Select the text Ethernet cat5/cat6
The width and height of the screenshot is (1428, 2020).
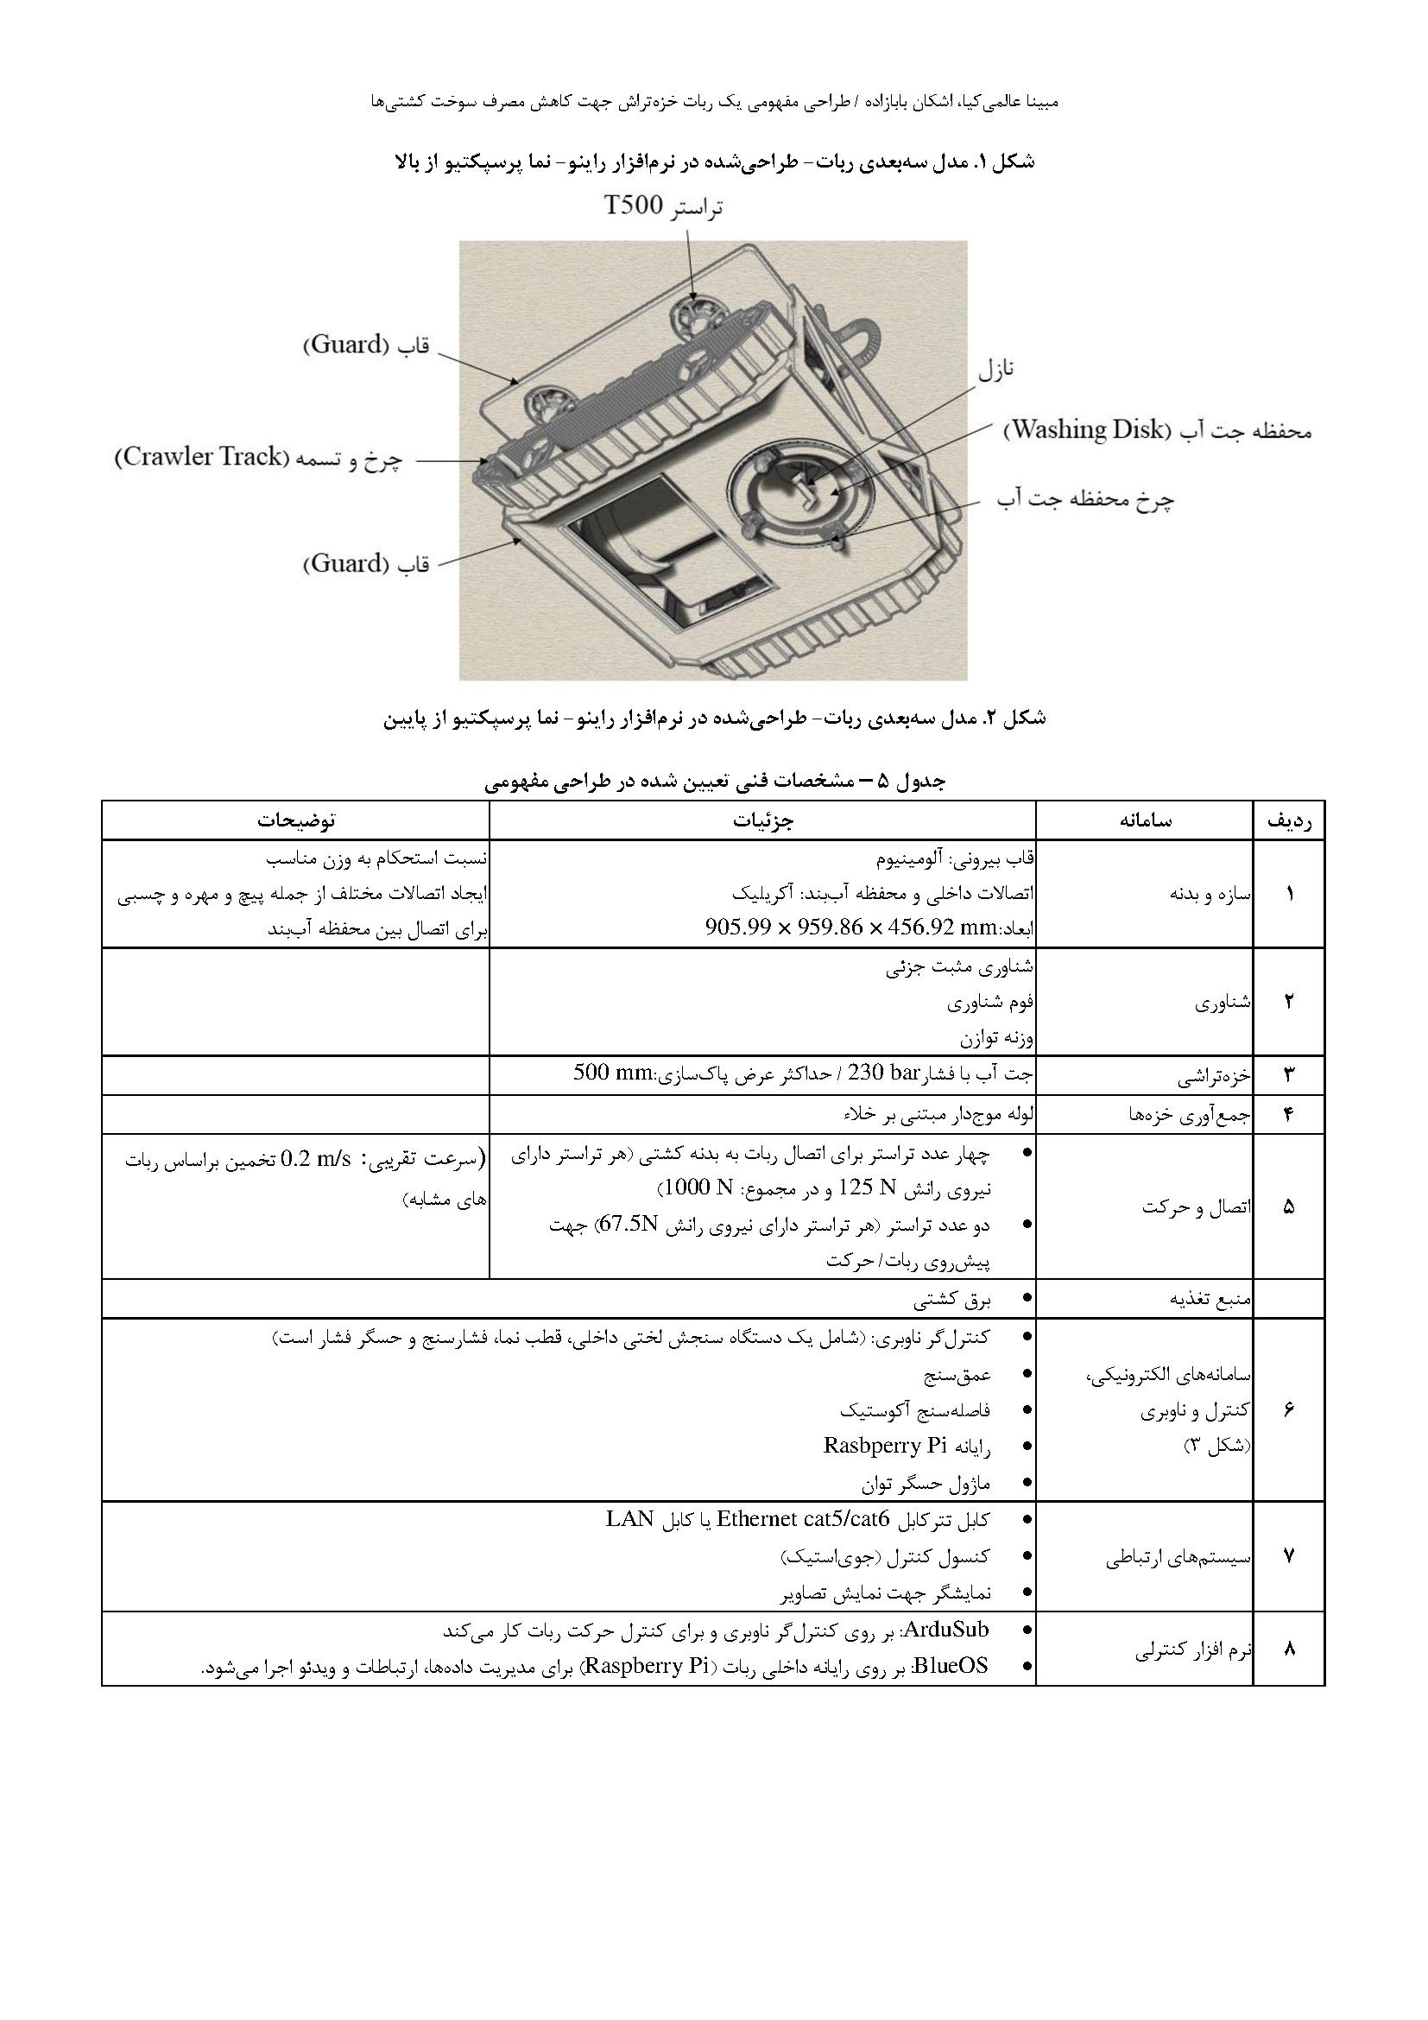[804, 1519]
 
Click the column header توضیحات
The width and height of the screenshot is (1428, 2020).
[295, 820]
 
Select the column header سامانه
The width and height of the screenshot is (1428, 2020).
[1145, 820]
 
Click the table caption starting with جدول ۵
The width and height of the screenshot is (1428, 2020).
[714, 781]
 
